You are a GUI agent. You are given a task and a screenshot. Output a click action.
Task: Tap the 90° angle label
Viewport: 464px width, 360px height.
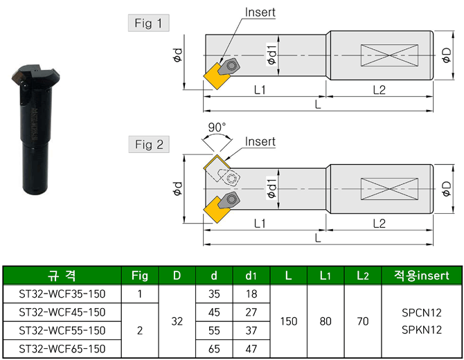217,128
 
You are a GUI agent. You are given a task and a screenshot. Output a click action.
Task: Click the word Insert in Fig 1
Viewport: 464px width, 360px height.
260,12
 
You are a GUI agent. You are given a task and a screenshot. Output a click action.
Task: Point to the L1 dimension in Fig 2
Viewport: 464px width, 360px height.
261,223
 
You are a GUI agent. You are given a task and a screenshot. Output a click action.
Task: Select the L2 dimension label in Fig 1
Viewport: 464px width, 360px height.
379,89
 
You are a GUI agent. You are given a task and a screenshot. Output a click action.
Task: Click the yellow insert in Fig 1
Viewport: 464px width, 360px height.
215,78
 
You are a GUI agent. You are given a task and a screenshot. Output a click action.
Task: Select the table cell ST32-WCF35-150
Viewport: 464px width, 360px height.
62,294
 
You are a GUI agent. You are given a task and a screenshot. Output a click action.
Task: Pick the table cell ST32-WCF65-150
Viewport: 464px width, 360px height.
62,348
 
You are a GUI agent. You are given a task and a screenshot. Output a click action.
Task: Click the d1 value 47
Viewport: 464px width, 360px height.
251,348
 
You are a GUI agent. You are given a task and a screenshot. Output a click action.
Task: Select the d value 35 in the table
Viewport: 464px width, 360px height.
214,294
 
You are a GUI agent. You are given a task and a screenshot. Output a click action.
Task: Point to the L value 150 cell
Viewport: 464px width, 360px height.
288,321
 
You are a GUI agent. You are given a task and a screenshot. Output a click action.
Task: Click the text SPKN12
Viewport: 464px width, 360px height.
422,330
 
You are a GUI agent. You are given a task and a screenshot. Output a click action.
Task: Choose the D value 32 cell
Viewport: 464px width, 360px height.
177,321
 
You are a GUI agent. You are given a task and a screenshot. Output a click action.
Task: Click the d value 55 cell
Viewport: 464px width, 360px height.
214,330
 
